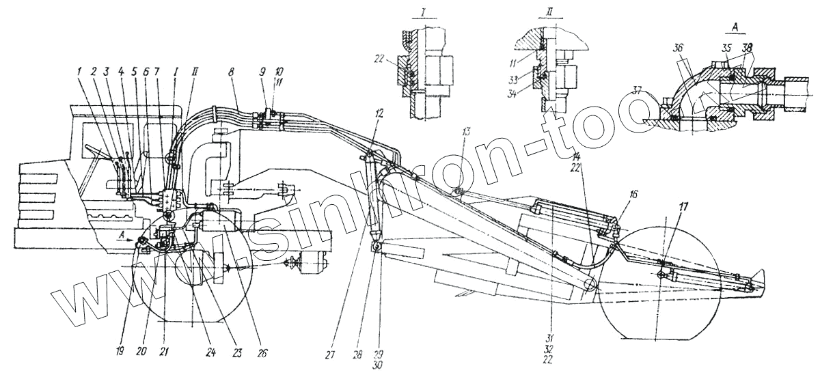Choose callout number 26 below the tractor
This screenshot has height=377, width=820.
[x=263, y=353]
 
